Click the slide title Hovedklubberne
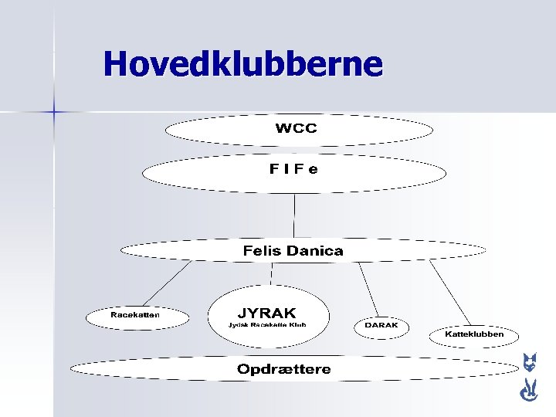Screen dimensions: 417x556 coord(242,64)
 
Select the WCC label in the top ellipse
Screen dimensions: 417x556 coord(296,128)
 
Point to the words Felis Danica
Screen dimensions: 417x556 coord(293,251)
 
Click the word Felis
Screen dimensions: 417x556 coord(263,251)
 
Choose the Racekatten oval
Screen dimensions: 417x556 coord(135,315)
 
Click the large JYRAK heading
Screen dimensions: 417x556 coord(266,313)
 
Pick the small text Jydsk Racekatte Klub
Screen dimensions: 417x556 coord(267,325)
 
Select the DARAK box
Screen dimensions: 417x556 coord(381,326)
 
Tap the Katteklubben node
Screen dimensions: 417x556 coord(475,334)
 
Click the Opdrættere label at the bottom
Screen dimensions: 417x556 coord(283,369)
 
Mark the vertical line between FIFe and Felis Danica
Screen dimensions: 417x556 coord(294,215)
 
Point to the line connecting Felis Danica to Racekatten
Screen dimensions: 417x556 coord(166,283)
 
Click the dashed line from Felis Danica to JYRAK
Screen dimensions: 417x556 coord(271,273)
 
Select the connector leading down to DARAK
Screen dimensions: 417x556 coord(368,289)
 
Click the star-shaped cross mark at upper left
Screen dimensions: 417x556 coord(55,112)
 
